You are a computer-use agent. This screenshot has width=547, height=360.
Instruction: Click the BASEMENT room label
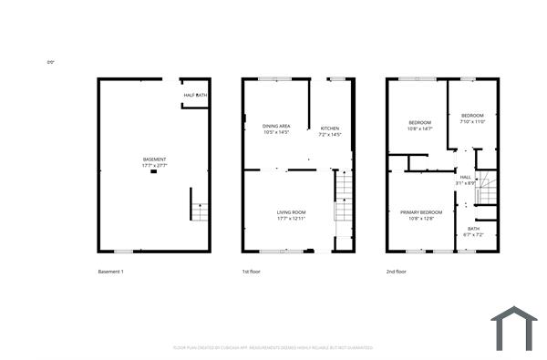point(154,159)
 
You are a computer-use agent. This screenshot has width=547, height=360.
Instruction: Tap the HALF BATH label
point(195,95)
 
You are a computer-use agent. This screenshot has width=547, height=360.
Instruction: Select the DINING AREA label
point(276,126)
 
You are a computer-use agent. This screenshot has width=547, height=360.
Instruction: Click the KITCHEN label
point(329,129)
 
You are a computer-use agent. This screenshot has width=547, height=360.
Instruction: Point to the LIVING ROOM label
point(291,212)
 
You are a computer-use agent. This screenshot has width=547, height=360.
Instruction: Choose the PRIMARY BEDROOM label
point(420,212)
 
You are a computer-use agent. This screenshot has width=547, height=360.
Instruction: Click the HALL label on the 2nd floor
point(465,177)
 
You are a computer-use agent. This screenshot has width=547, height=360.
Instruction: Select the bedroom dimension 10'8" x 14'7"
point(420,129)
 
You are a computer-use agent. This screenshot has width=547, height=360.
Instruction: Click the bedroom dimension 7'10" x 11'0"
point(472,121)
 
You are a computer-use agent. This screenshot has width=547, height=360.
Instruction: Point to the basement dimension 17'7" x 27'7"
point(154,166)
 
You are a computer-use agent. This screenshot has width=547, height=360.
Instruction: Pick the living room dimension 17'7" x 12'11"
point(291,219)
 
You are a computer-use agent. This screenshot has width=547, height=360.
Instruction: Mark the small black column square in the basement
point(154,173)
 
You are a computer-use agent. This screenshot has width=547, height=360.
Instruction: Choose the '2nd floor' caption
point(397,272)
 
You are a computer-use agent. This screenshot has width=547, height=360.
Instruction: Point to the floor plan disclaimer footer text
point(273,347)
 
